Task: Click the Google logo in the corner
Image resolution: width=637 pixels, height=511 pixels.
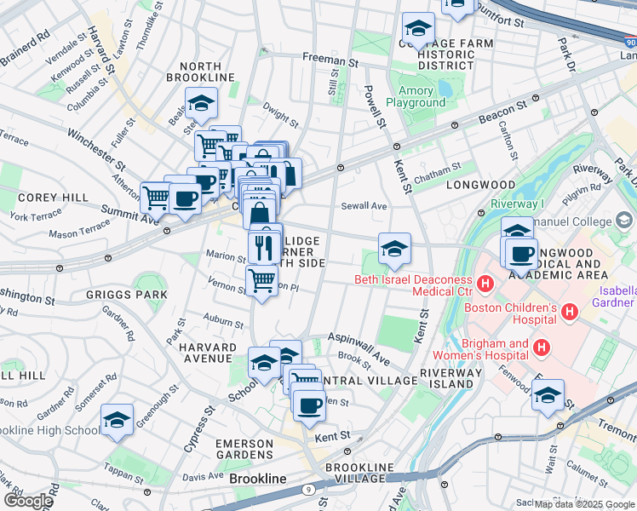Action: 27,501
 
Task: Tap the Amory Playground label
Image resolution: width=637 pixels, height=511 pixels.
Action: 416,96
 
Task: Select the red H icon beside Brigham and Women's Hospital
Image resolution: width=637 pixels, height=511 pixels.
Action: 540,347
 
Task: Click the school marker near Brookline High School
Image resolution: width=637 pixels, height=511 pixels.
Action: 117,419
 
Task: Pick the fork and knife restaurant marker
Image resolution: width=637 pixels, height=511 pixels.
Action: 264,248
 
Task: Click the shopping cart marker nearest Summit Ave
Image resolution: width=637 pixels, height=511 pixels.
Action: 156,197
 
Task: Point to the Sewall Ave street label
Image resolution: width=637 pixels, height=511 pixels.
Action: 364,206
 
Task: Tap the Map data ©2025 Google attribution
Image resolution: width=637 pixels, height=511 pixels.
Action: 583,504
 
